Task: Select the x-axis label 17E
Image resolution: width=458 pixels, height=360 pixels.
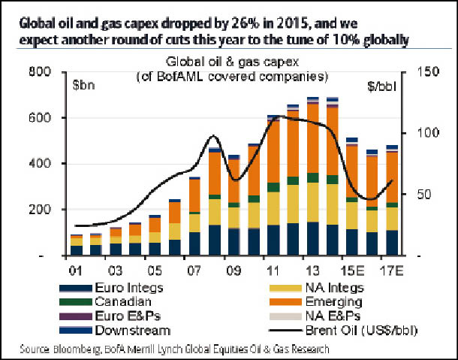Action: pos(390,269)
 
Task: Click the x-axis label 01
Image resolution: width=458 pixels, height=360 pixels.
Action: pos(76,269)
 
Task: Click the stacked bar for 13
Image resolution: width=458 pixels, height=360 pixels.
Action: pos(292,177)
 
